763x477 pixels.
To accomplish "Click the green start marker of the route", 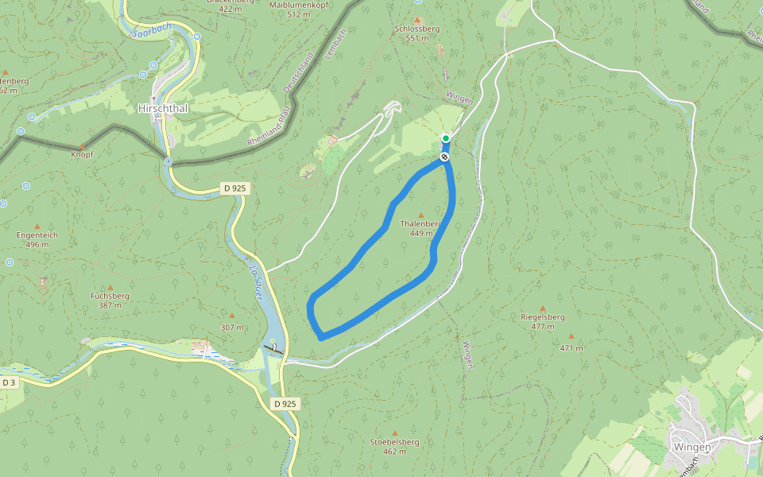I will click(x=446, y=138).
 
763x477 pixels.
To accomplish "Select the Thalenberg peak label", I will click(x=420, y=224).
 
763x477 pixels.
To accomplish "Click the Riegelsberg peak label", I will click(x=543, y=316).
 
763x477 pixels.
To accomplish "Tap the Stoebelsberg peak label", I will click(x=394, y=442).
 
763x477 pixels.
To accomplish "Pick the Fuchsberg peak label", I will click(x=110, y=295).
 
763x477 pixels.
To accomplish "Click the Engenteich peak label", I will click(x=37, y=235).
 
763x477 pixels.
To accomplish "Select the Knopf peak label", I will click(x=82, y=153).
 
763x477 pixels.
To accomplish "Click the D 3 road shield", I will click(x=9, y=382).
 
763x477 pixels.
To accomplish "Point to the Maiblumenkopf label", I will click(x=298, y=5).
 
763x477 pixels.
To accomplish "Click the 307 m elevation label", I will click(x=232, y=327).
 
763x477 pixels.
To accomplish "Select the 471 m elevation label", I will click(x=571, y=347).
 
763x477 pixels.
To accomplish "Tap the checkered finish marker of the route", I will click(x=444, y=157).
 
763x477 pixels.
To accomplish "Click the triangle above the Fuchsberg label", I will click(x=110, y=287).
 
